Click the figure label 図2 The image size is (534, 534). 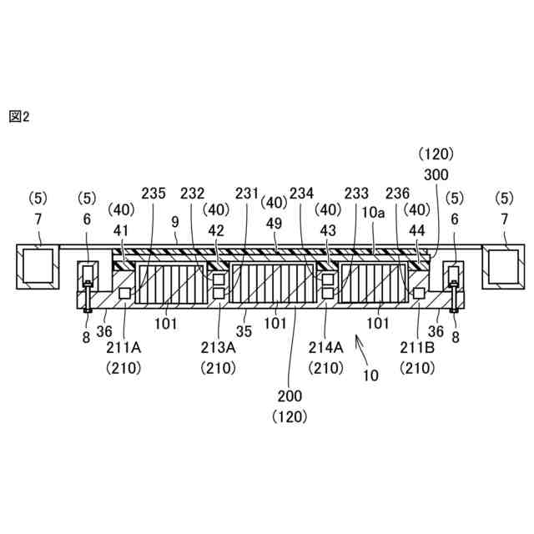coord(19,117)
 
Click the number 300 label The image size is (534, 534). coord(436,174)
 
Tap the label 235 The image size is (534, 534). coord(154,193)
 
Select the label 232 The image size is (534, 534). coord(194,193)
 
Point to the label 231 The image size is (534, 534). coord(247,193)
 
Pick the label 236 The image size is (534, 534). coord(397,193)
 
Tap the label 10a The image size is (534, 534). coord(372,214)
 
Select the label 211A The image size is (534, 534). coord(123,344)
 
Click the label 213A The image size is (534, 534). coord(218,344)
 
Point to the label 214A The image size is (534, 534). coord(324,344)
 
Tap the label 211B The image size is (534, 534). coord(416,344)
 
